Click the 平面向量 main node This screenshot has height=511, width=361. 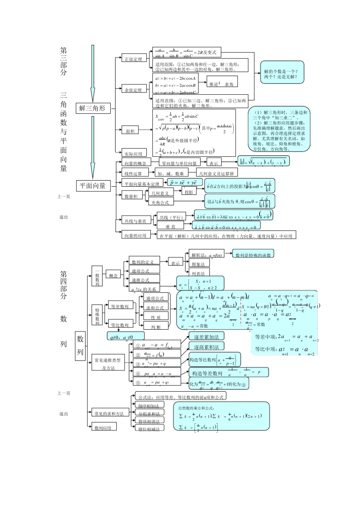pos(93,186)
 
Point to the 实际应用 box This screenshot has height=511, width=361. pos(133,154)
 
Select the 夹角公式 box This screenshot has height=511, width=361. pos(160,203)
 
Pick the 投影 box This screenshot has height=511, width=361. pos(188,192)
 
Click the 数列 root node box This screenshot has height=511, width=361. pos(80,345)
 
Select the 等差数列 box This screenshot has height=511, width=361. pos(119,306)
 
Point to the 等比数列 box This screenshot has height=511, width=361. pos(119,325)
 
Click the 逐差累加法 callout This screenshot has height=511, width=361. pos(206,337)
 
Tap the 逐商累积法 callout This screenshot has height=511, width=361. pos(206,347)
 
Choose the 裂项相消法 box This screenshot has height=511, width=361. pos(149,421)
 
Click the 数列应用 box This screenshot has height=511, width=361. pos(103,428)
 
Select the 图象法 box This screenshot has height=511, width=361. pos(199,264)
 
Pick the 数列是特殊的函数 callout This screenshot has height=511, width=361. pos(253,255)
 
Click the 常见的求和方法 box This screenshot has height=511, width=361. pos(109,413)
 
